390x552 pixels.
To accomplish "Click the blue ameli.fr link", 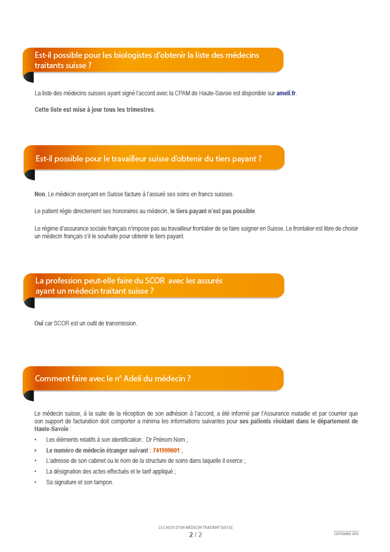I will pos(286,93).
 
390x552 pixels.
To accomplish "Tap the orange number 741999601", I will pos(166,451).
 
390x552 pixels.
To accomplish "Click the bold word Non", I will pos(40,194).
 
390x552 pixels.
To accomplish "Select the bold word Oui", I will pos(38,323).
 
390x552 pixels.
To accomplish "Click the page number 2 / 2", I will pos(195,535).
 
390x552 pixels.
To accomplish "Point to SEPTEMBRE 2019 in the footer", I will pos(346,534).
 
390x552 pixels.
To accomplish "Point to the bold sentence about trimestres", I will pos(95,110).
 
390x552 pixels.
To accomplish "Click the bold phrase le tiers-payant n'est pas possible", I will pos(213,211).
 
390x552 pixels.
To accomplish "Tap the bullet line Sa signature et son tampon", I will pos(79,482).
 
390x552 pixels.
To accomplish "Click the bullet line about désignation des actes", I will pos(111,472).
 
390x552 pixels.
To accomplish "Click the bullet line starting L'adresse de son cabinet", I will pos(145,461).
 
